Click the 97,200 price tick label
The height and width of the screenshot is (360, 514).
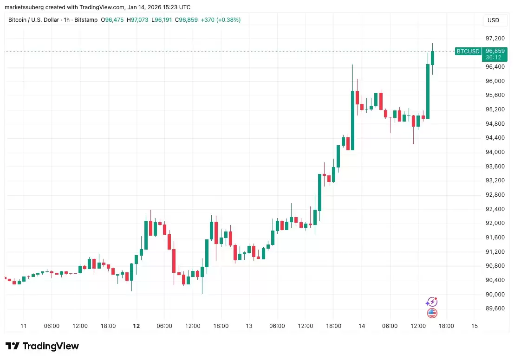tap(495, 39)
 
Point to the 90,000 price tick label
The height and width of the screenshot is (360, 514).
tap(495, 295)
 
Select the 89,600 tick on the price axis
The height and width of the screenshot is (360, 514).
tap(495, 309)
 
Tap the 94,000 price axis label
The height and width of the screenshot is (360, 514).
tap(495, 152)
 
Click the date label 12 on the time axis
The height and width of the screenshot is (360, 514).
tap(137, 326)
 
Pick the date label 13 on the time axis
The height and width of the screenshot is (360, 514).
tap(249, 326)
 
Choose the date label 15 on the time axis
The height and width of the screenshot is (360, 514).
tap(475, 326)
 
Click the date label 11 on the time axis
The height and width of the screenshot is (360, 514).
tap(24, 326)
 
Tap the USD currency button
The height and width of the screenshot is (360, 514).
tap(493, 20)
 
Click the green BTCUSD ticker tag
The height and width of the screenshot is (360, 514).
tap(468, 51)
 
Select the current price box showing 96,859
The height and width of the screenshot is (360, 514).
tap(495, 51)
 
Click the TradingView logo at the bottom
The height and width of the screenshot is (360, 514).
tap(42, 346)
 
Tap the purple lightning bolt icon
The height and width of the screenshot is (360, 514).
tap(432, 302)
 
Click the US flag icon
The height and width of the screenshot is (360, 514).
tap(432, 313)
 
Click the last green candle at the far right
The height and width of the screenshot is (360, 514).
tap(432, 58)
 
